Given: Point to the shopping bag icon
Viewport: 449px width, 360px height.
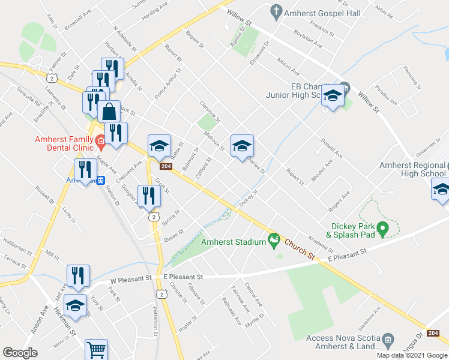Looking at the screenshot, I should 109,112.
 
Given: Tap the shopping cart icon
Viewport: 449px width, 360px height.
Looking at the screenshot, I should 97,349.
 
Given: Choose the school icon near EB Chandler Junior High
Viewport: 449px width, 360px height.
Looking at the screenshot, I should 332,95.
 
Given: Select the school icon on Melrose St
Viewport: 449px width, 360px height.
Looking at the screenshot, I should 242,146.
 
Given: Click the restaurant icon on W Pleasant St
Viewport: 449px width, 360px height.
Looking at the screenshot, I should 78,276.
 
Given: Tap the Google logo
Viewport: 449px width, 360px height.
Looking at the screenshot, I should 20,353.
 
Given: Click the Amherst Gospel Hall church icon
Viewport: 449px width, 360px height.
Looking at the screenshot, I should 276,11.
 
